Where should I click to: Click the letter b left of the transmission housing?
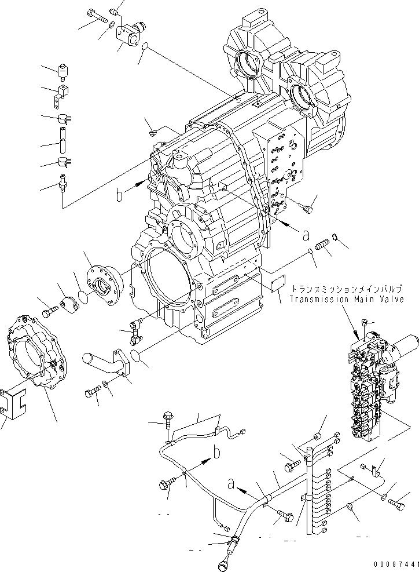coord(120,195)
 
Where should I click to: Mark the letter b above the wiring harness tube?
coord(215,453)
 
